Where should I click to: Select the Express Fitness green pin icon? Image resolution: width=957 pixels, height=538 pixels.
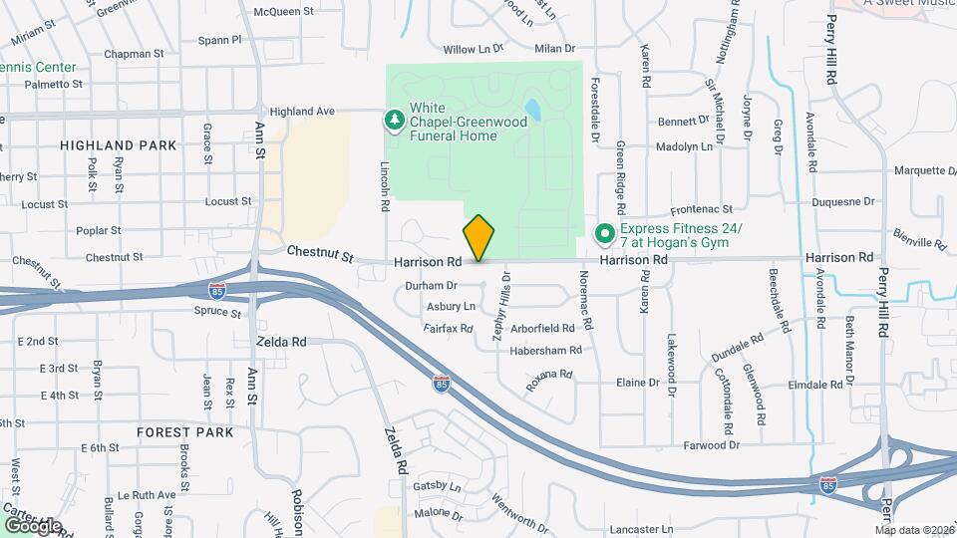tap(604, 234)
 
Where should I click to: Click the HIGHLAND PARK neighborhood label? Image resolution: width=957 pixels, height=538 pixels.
tap(118, 145)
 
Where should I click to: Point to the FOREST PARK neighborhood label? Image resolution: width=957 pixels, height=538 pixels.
tap(186, 432)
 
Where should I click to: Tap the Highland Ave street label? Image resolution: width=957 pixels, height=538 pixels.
tap(301, 112)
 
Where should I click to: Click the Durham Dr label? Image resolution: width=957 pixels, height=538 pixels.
tap(431, 286)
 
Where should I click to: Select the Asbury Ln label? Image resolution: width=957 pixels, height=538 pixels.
tap(451, 307)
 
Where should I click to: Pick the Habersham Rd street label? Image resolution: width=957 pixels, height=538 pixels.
tap(545, 350)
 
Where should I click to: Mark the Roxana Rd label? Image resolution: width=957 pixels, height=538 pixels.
tap(549, 379)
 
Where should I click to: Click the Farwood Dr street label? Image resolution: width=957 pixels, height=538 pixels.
tap(712, 445)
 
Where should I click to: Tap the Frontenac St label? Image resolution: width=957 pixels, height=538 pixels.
tap(701, 209)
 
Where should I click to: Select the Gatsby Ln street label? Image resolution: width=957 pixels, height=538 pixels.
tap(438, 487)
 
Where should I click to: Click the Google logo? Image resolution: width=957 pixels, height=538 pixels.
tap(32, 525)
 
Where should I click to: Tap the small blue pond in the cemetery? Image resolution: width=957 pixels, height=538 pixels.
tap(532, 110)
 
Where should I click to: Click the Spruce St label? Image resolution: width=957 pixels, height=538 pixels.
tap(217, 313)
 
